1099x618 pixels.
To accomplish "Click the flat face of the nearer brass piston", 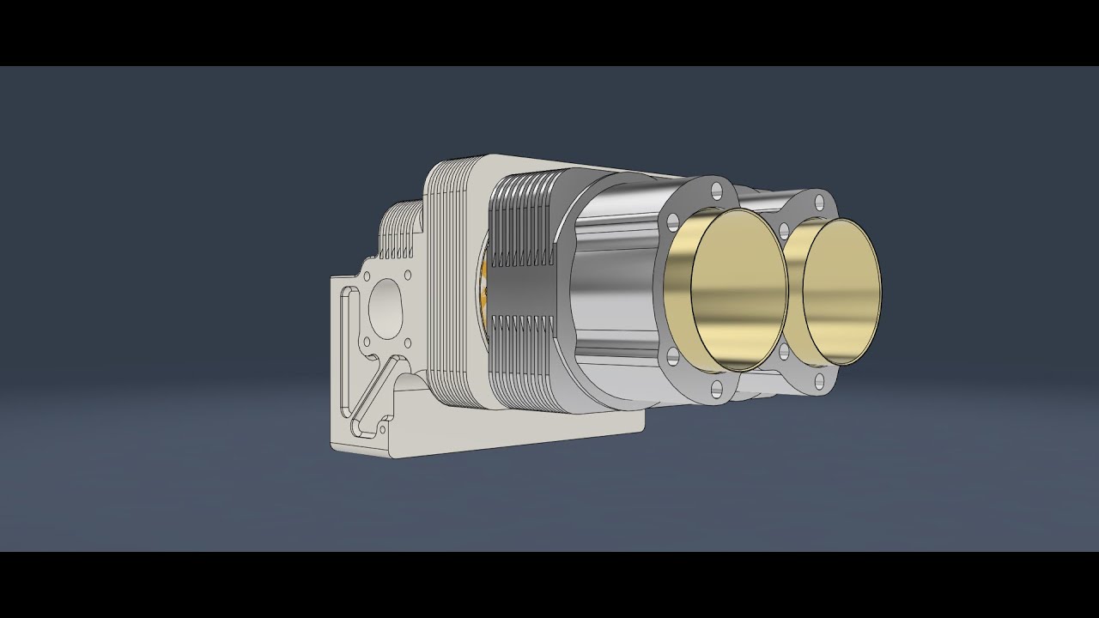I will (x=739, y=292).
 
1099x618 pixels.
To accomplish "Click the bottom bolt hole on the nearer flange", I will (x=717, y=391).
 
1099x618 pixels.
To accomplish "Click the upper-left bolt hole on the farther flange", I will (x=783, y=229).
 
